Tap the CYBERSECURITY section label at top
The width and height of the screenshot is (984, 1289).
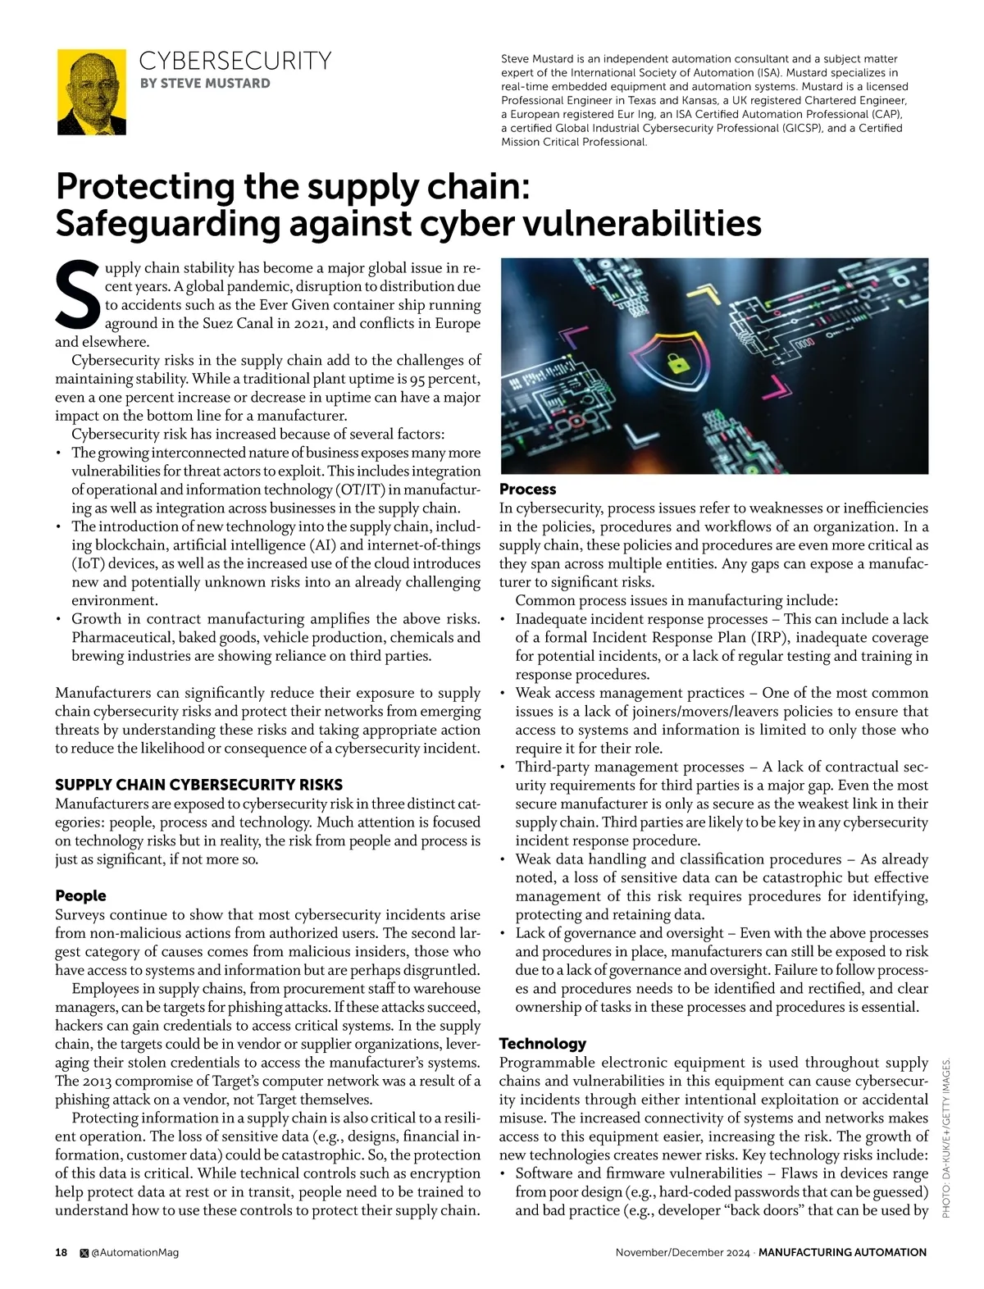click(235, 61)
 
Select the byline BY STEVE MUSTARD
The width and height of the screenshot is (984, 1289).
click(205, 83)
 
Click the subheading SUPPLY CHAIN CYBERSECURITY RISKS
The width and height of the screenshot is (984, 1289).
click(198, 785)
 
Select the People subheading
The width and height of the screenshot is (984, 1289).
click(80, 895)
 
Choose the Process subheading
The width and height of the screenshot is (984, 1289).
click(527, 489)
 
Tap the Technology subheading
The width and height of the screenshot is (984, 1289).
click(542, 1043)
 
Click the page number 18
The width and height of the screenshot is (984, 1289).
click(61, 1252)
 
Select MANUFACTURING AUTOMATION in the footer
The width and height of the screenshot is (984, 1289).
click(842, 1252)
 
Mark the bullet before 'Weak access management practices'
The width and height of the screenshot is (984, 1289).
click(503, 694)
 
